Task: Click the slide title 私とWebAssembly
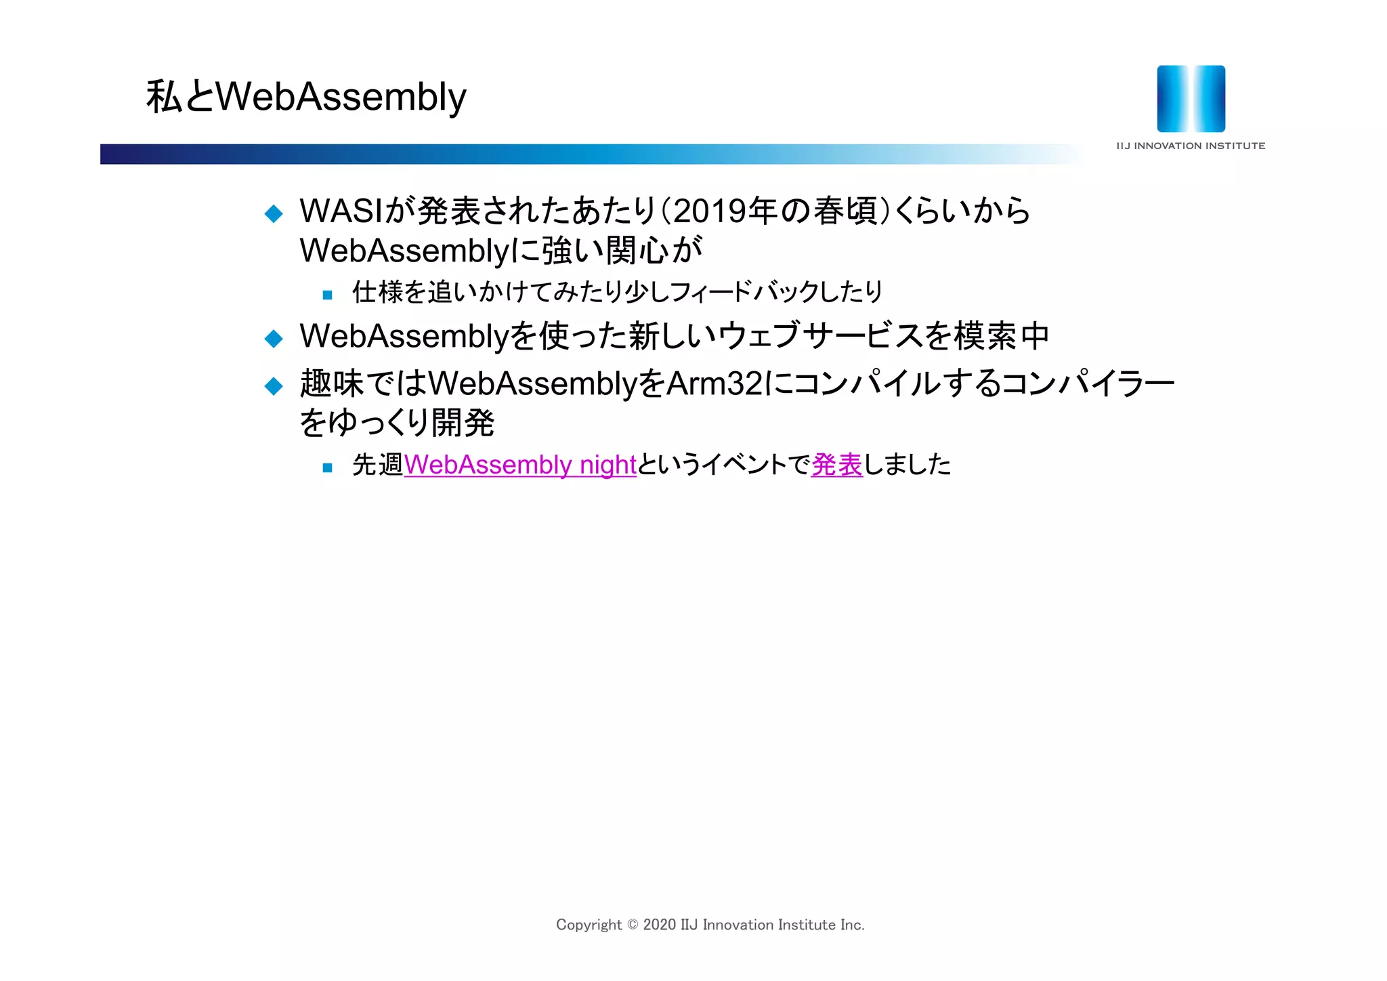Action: click(x=306, y=97)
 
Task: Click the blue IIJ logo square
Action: click(x=1191, y=99)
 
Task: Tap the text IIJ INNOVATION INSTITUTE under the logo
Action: click(x=1191, y=146)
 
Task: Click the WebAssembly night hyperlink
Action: click(x=520, y=465)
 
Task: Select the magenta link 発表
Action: click(x=836, y=465)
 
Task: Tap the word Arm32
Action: click(x=714, y=383)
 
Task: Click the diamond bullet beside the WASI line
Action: click(x=274, y=214)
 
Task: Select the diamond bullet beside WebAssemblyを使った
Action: click(x=274, y=338)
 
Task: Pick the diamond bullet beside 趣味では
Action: click(x=274, y=386)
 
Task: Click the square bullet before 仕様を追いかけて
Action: click(x=328, y=295)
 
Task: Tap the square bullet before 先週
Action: click(x=328, y=467)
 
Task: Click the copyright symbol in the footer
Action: click(x=633, y=925)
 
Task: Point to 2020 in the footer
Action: click(x=659, y=925)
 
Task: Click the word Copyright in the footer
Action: click(x=589, y=925)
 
